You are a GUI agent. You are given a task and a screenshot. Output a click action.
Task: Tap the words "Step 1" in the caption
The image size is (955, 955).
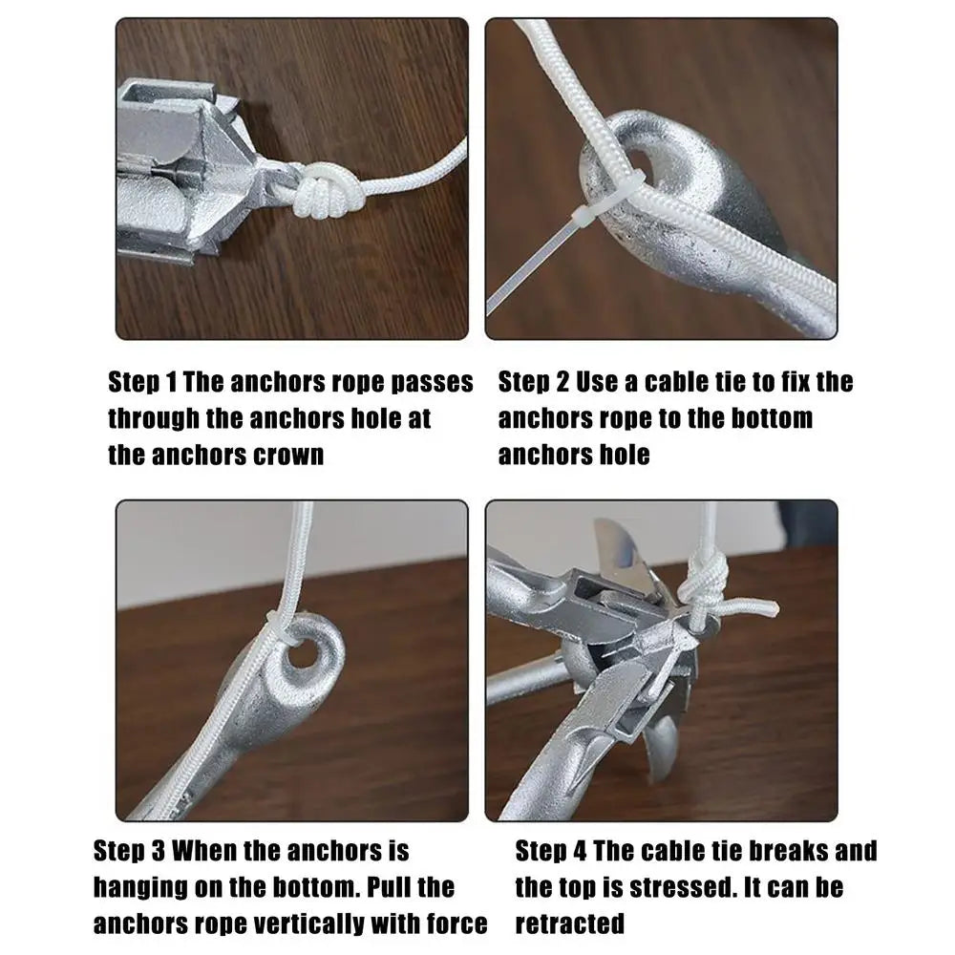click(x=142, y=382)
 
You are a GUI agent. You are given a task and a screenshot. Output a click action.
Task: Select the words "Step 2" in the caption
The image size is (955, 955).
click(x=533, y=382)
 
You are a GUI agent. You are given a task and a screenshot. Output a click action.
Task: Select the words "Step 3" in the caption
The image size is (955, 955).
click(x=130, y=850)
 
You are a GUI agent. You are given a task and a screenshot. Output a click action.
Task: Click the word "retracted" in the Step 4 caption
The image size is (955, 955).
click(x=570, y=923)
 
